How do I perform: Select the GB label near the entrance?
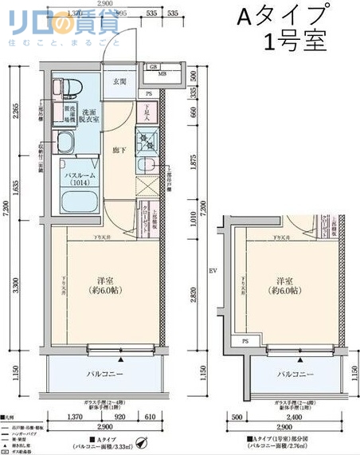pos(152,66)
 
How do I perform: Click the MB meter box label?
pos(162,76)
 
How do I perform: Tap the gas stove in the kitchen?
pos(147,142)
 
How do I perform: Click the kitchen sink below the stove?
pos(147,166)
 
